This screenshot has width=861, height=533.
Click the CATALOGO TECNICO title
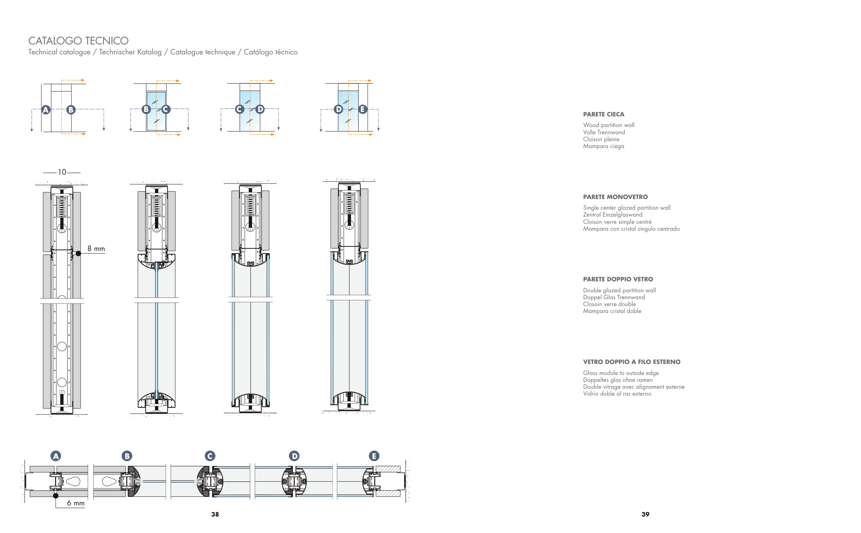[x=78, y=41]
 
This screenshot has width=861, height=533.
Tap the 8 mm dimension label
[x=96, y=249]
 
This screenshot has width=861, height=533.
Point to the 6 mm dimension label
[x=75, y=503]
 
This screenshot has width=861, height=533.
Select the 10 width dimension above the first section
[x=62, y=172]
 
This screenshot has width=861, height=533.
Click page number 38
[x=215, y=514]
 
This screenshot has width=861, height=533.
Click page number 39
[x=645, y=514]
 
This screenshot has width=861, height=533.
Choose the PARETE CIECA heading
[x=603, y=114]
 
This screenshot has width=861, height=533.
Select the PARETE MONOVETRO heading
[x=615, y=197]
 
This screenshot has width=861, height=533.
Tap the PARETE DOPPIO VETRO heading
[x=618, y=279]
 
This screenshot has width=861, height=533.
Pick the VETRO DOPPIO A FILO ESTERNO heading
[x=632, y=362]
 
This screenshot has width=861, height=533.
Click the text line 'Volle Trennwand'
[x=604, y=132]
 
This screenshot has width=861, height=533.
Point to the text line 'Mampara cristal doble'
[x=612, y=311]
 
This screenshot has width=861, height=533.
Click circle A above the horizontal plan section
[x=56, y=456]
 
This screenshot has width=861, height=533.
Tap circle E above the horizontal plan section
[x=374, y=456]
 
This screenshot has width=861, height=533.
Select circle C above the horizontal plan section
[x=210, y=456]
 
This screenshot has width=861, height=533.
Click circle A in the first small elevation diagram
[x=45, y=109]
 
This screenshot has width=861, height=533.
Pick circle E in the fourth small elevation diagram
[x=362, y=109]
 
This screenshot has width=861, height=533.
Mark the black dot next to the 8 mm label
[x=78, y=253]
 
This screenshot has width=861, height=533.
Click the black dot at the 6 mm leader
[x=56, y=495]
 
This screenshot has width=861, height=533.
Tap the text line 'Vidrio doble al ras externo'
[x=617, y=394]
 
